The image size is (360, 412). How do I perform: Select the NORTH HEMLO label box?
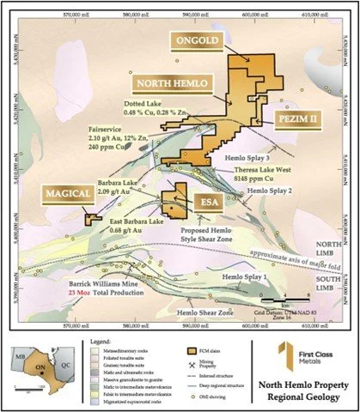click(x=169, y=83)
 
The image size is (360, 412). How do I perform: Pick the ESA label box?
click(x=208, y=203)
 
